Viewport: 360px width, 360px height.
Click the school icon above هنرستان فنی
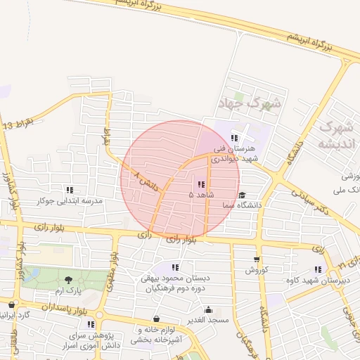point(234,138)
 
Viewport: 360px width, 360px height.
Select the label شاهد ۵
point(201,193)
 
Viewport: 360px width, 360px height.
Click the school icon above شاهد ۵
point(202,184)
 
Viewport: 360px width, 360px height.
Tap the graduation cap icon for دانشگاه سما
point(242,195)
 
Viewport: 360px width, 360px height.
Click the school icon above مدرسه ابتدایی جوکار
point(69,190)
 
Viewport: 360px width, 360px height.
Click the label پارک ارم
point(69,290)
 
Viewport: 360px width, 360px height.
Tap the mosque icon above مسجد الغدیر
point(208,309)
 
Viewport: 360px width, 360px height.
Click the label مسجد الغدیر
point(208,320)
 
